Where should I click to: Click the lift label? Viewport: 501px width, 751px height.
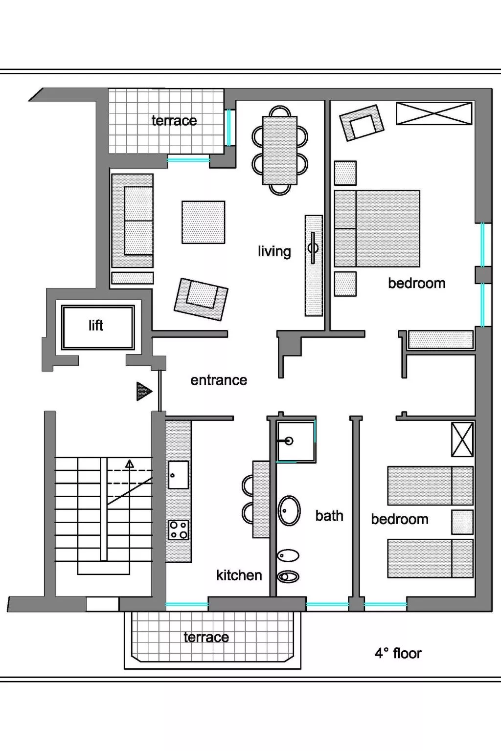96,326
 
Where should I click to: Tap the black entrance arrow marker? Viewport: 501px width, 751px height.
144,391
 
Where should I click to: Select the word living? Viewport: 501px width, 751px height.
274,251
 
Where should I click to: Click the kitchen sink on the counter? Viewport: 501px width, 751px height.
178,475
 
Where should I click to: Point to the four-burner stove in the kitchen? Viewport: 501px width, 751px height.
178,530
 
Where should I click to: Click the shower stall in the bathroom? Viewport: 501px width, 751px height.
296,442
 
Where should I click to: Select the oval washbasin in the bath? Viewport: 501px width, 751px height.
289,511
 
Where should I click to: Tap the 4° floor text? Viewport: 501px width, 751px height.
398,653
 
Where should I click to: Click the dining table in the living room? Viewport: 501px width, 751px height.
280,150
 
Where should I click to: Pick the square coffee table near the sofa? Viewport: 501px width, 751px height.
203,222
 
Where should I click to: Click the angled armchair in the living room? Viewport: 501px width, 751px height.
201,299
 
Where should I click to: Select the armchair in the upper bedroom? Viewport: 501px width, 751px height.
362,123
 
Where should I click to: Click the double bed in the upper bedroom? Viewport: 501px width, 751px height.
377,228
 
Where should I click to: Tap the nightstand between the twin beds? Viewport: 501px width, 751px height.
462,522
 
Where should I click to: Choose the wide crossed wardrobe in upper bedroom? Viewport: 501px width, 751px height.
434,113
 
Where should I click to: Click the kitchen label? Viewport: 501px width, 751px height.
239,575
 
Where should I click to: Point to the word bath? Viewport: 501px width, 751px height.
329,516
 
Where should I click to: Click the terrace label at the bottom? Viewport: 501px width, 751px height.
206,637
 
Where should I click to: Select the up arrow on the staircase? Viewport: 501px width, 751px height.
130,464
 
